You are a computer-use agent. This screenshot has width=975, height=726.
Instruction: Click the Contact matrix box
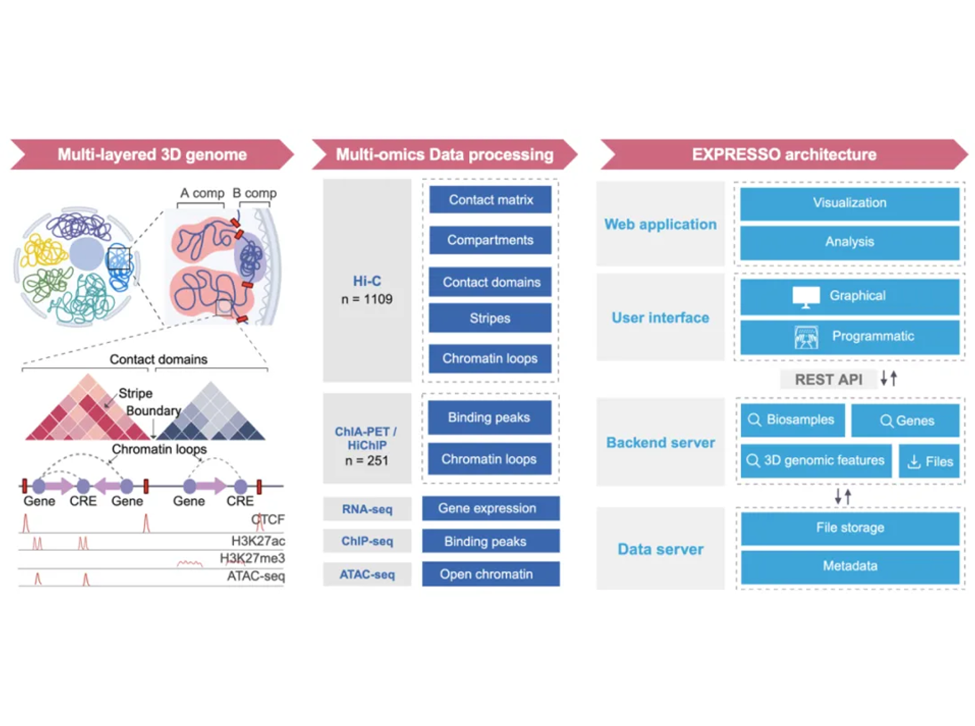pos(490,200)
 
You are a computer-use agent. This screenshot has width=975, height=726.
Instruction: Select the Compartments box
pos(490,240)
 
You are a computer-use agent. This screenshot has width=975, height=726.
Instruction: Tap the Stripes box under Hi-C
pos(490,318)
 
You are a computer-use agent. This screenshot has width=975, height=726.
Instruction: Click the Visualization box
pos(849,203)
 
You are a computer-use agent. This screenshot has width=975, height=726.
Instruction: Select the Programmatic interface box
pos(849,337)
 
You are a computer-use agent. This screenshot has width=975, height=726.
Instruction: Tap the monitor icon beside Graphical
pos(805,296)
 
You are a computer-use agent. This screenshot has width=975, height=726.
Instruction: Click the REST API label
pos(828,379)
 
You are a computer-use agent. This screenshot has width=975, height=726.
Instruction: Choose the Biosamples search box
pos(792,419)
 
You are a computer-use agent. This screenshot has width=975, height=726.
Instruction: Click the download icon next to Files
pos(914,462)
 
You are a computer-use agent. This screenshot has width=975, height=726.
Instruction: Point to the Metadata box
pos(849,566)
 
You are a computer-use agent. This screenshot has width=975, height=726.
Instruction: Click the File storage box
pos(849,527)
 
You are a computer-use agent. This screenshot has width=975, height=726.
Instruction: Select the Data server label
pos(660,549)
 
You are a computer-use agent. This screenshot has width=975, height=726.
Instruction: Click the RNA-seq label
pos(367,509)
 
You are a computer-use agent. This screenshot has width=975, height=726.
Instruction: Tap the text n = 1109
pos(367,299)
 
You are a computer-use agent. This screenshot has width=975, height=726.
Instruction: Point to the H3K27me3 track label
pos(252,558)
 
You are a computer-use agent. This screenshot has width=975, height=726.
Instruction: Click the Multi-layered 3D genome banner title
pos(152,155)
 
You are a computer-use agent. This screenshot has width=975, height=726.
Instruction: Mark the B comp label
pos(255,193)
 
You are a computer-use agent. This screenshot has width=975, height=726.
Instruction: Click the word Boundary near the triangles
pos(153,411)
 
